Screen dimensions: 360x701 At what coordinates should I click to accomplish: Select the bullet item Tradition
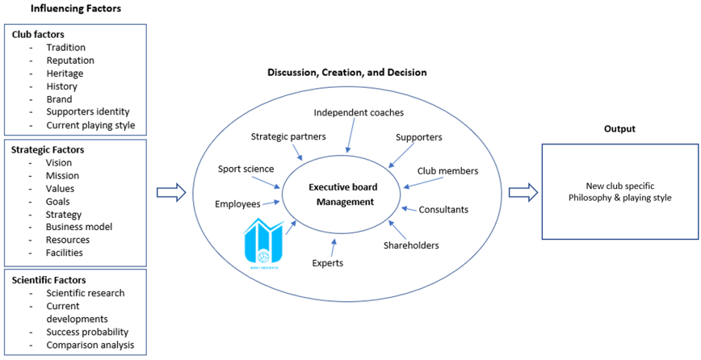[x=65, y=48]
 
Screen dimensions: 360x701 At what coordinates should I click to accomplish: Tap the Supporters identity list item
[x=87, y=112]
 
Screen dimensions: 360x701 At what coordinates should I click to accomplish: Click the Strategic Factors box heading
[x=48, y=149]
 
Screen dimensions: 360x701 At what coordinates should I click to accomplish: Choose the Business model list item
[x=80, y=227]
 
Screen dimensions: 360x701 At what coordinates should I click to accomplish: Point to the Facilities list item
[x=64, y=253]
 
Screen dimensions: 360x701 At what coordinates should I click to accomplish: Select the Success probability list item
[x=87, y=332]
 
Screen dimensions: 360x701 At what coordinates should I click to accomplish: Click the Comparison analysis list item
[x=90, y=345]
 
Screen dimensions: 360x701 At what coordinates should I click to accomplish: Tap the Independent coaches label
[x=359, y=112]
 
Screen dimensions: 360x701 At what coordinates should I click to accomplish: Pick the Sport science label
[x=246, y=169]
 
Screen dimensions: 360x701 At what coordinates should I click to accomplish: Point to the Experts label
[x=327, y=263]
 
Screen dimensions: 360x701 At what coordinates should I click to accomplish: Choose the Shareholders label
[x=410, y=245]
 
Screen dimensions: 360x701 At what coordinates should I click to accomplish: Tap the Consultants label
[x=443, y=210]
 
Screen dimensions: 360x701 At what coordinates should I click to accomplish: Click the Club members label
[x=447, y=171]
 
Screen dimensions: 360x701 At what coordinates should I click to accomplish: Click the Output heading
[x=619, y=129]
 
